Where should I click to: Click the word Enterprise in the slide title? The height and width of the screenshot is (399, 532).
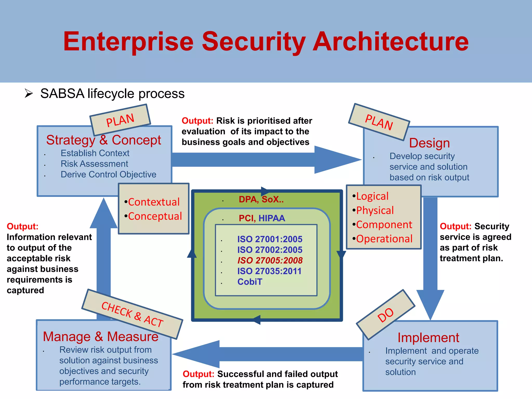128,42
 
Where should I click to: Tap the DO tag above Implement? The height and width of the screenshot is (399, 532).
386,315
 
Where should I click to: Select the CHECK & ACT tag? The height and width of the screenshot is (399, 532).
132,314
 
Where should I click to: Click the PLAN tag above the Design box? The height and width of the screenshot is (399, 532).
379,122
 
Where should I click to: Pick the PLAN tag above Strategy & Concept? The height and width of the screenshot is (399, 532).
120,120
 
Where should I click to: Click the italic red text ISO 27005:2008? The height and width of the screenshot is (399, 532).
270,260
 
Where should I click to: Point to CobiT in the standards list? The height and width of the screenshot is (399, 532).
250,282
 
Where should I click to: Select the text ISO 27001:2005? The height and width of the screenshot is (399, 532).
270,239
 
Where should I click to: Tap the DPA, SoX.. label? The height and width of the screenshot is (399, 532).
261,199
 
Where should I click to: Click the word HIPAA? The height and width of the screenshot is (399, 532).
272,218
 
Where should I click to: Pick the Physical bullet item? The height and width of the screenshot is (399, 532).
375,210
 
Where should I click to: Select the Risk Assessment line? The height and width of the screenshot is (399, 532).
94,164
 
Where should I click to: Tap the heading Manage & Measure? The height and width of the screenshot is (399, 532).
101,337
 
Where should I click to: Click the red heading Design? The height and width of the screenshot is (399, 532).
429,143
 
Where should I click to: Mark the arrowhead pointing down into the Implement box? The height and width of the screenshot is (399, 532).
430,304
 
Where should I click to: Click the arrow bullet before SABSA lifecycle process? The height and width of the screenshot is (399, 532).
29,93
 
